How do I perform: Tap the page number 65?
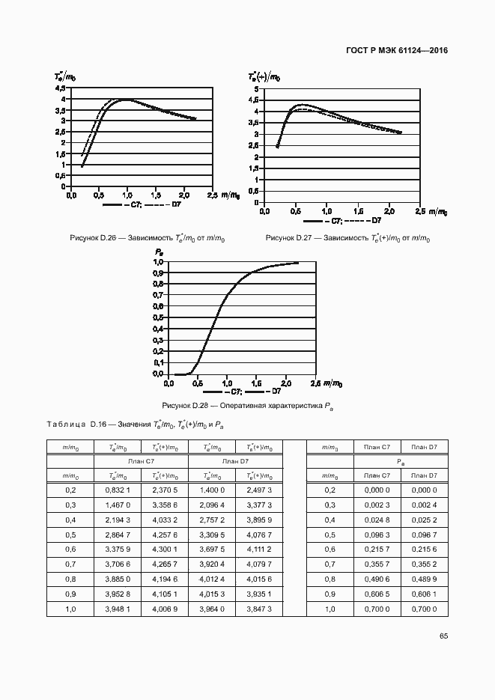(443, 636)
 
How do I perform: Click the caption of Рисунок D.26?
(148, 238)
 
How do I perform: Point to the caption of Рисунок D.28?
(248, 405)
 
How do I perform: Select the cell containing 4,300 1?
(165, 550)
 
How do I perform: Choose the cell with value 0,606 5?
(377, 594)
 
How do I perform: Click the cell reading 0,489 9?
(424, 579)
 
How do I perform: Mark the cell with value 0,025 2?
(424, 520)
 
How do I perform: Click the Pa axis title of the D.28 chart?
(160, 252)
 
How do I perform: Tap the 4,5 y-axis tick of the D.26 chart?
(60, 88)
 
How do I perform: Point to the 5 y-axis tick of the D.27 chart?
(256, 88)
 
